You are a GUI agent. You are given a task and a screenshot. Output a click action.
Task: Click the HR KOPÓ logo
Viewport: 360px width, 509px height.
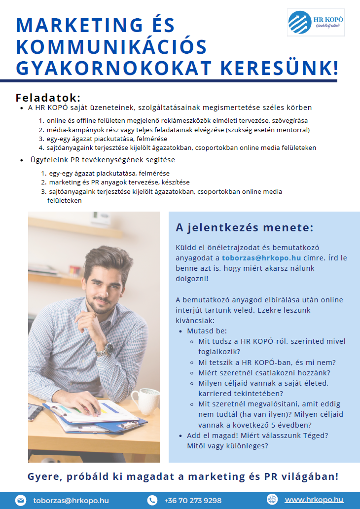(316, 22)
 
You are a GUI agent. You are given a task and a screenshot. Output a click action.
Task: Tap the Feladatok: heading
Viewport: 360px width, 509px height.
(48, 98)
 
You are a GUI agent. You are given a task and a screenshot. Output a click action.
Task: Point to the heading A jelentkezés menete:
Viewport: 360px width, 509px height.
(245, 228)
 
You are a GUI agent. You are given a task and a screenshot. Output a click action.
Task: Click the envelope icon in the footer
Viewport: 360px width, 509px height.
(20, 500)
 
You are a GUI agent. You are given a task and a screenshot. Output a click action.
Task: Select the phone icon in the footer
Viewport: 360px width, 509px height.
(152, 500)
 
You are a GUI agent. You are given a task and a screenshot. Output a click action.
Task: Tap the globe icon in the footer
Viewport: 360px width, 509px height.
(272, 499)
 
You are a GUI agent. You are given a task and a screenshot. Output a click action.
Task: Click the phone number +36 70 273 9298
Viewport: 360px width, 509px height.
(193, 500)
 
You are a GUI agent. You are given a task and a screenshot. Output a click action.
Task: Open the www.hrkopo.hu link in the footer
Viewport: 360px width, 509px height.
(314, 500)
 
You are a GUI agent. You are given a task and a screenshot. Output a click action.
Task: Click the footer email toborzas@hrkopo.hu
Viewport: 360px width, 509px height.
(71, 500)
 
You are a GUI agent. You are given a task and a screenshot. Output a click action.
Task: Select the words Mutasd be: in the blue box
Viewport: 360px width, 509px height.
(207, 331)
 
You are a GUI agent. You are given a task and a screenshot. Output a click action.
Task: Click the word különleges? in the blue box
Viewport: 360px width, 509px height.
(245, 445)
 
